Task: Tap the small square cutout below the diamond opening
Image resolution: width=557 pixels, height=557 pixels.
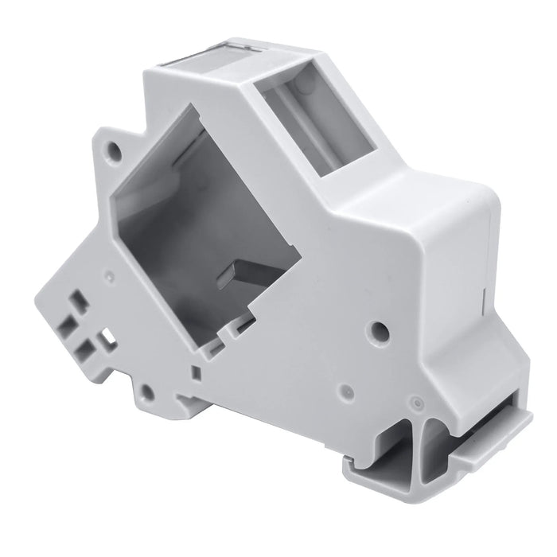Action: tap(196, 371)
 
